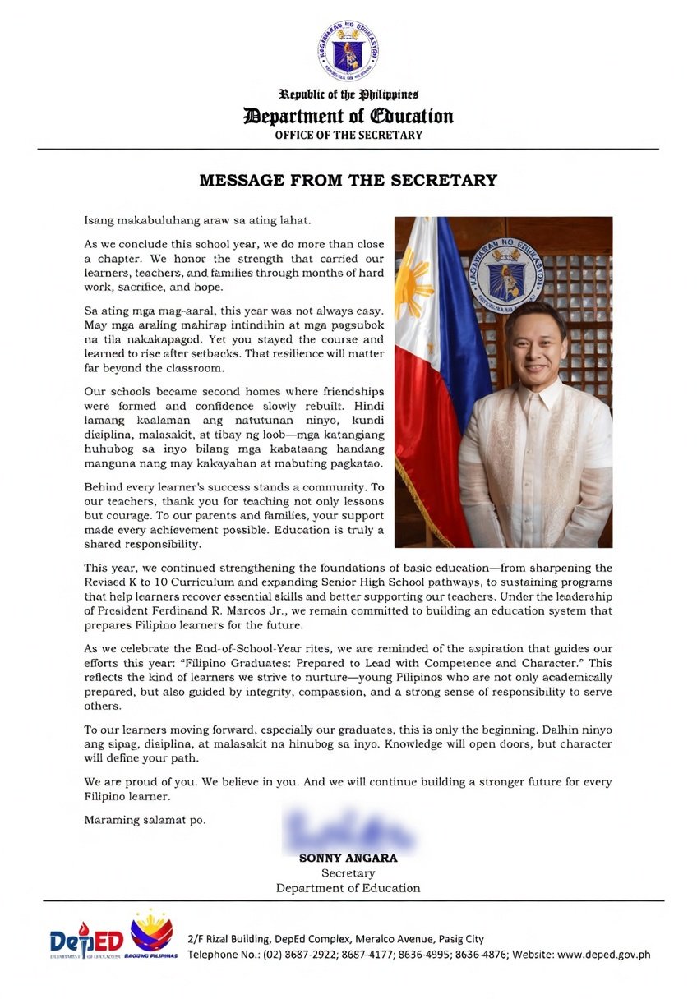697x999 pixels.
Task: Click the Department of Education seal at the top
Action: coord(348,51)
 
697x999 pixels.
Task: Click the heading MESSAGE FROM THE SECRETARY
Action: coord(348,180)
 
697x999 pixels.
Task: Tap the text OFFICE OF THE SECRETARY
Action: coord(348,135)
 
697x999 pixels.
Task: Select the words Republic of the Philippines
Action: coord(348,95)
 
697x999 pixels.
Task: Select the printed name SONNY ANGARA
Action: coord(348,858)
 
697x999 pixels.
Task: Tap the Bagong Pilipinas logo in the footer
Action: coord(152,937)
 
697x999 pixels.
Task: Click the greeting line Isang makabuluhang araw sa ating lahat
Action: coord(197,221)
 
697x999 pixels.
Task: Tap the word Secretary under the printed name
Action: coord(348,873)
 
